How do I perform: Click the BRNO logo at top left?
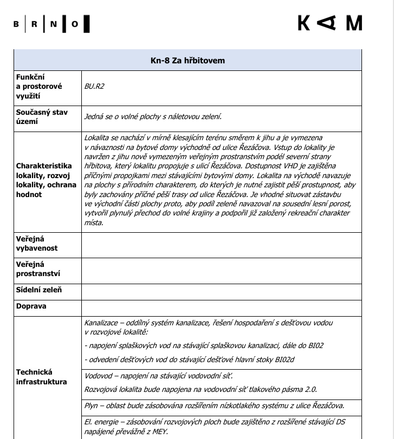[52, 24]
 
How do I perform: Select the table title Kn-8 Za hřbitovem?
[188, 60]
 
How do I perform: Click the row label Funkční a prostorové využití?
[40, 87]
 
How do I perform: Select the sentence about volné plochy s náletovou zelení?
[153, 116]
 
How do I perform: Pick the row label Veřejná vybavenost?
[37, 243]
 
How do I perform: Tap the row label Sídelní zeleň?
[39, 290]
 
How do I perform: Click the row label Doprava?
[31, 306]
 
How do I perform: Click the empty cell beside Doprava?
[221, 306]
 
